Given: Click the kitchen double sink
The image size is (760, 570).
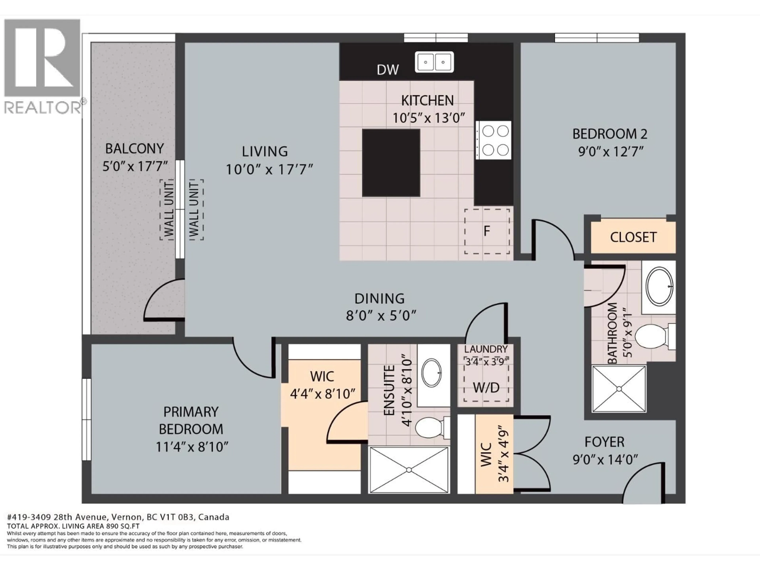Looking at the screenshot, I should [x=434, y=62].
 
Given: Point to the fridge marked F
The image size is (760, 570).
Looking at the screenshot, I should [x=486, y=231].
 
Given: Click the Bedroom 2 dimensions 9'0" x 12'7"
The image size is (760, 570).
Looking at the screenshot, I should [x=610, y=152].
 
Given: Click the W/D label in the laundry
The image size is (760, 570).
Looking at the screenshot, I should [x=486, y=388].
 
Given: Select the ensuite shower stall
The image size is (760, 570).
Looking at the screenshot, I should [x=409, y=470].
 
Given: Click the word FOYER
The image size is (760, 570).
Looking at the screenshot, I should [x=604, y=442].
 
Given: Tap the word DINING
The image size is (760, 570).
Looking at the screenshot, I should [x=379, y=299].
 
